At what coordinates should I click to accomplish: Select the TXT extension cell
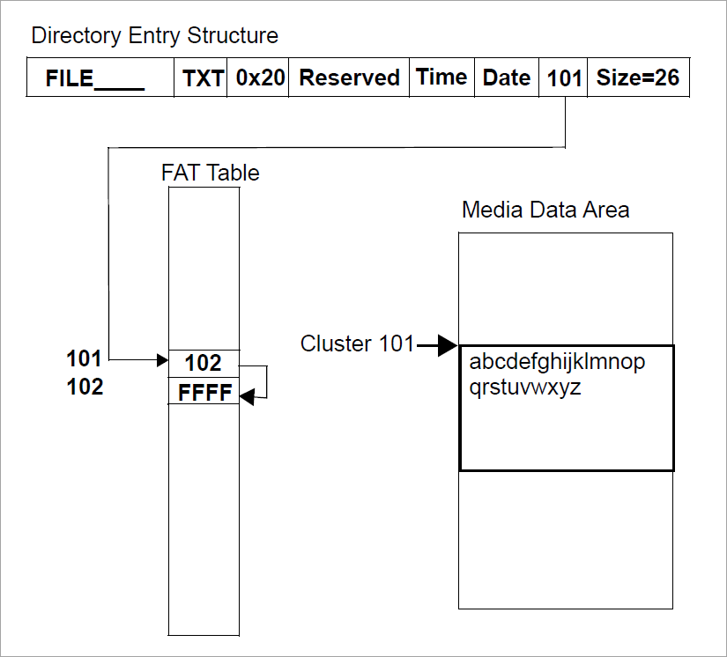click(x=203, y=78)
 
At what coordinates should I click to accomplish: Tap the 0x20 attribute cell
click(x=261, y=78)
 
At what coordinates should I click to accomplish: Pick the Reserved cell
click(x=349, y=78)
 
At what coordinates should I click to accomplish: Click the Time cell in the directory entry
click(x=441, y=78)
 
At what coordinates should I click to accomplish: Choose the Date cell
click(x=507, y=78)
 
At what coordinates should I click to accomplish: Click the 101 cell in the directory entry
click(x=564, y=78)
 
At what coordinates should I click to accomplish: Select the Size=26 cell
click(x=637, y=78)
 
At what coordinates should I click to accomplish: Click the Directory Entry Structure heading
click(x=154, y=36)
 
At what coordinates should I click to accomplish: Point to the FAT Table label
click(x=210, y=173)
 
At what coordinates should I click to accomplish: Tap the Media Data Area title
click(x=545, y=210)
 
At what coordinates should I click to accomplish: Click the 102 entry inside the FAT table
click(x=204, y=363)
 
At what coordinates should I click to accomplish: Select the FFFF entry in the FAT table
click(x=204, y=393)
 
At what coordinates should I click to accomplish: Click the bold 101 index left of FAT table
click(x=85, y=358)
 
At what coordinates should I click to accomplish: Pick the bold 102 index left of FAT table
click(x=85, y=387)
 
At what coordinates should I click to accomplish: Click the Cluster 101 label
click(x=357, y=343)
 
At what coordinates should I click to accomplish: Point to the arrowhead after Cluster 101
click(x=448, y=345)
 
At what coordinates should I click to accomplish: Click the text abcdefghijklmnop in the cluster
click(x=557, y=362)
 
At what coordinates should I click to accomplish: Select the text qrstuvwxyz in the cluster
click(x=525, y=387)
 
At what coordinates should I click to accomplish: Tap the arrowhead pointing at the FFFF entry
click(x=248, y=397)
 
